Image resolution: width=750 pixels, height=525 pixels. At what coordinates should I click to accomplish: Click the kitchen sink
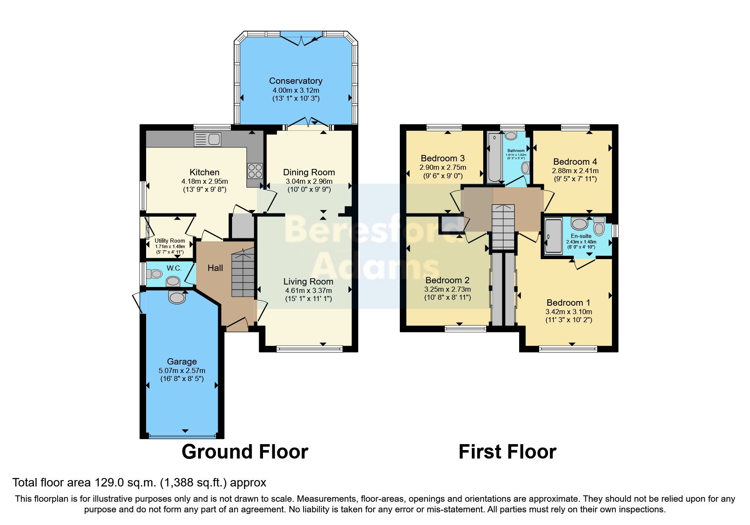click(208, 139)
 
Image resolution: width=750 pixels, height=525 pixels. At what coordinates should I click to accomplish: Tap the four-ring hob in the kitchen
click(255, 171)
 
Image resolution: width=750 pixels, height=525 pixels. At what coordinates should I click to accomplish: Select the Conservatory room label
click(296, 81)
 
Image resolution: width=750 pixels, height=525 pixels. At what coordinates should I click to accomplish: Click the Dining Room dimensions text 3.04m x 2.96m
click(308, 181)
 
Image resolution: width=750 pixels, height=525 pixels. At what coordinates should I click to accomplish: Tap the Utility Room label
click(169, 240)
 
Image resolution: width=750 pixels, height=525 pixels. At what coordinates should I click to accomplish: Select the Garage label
click(182, 362)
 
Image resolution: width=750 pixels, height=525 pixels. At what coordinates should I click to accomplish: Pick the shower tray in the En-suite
click(553, 236)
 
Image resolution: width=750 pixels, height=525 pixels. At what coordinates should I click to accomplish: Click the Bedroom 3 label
click(443, 158)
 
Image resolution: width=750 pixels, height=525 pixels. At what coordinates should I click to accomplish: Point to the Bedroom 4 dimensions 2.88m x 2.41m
click(575, 171)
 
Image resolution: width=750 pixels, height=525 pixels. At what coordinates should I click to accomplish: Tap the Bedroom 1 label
click(568, 303)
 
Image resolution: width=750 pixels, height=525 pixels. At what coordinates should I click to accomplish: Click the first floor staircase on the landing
click(503, 227)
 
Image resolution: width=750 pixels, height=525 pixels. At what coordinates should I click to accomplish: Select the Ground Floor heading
click(244, 452)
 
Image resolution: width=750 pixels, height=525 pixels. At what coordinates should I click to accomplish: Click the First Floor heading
click(507, 452)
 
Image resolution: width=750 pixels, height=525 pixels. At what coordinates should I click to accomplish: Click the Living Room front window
click(309, 349)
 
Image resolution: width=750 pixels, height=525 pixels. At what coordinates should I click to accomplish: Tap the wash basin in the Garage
click(177, 297)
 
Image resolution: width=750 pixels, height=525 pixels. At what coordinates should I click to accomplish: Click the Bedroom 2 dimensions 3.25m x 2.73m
click(447, 289)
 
